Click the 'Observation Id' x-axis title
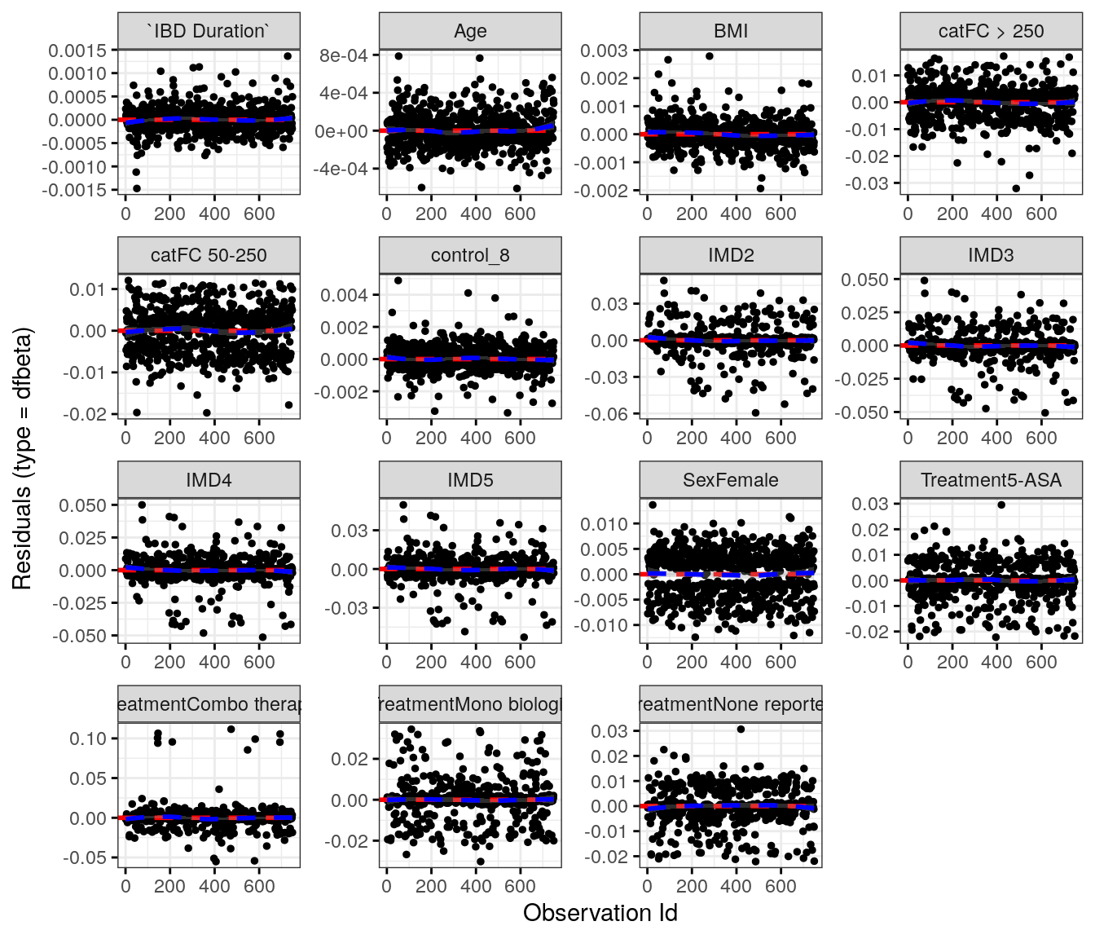pyautogui.click(x=600, y=913)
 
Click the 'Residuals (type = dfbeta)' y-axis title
pyautogui.click(x=22, y=458)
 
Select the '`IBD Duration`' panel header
pyautogui.click(x=209, y=31)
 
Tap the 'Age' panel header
pyautogui.click(x=470, y=31)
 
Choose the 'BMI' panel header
pyautogui.click(x=731, y=31)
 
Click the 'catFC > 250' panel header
pyautogui.click(x=991, y=31)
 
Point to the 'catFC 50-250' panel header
pyautogui.click(x=209, y=255)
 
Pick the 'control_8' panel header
pyautogui.click(x=470, y=255)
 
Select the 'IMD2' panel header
pyautogui.click(x=731, y=255)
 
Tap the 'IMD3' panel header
pyautogui.click(x=991, y=255)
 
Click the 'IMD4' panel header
pyautogui.click(x=209, y=480)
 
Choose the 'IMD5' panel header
pyautogui.click(x=470, y=480)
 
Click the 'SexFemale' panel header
pyautogui.click(x=731, y=480)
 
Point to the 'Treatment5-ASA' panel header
pyautogui.click(x=991, y=480)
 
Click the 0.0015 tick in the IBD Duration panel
pyautogui.click(x=77, y=51)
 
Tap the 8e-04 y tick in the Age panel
pyautogui.click(x=344, y=55)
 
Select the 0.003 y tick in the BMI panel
pyautogui.click(x=604, y=51)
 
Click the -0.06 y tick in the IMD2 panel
pyautogui.click(x=606, y=414)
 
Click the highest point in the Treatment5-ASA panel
pyautogui.click(x=1001, y=505)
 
